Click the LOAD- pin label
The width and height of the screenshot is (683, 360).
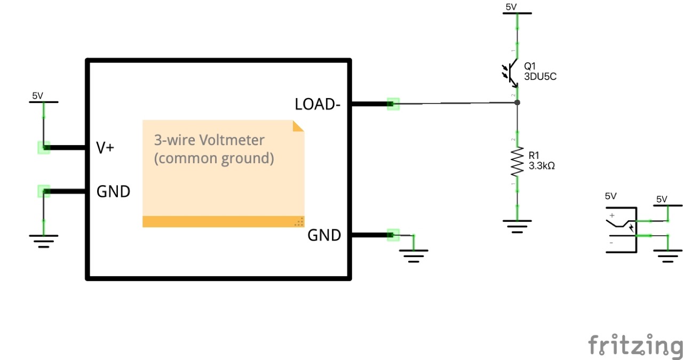pyautogui.click(x=317, y=105)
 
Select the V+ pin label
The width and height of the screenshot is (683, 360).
pyautogui.click(x=105, y=148)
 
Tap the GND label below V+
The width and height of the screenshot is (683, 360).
pyautogui.click(x=113, y=191)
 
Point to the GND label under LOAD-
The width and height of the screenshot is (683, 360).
pyautogui.click(x=324, y=235)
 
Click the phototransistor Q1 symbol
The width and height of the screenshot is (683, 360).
pyautogui.click(x=511, y=74)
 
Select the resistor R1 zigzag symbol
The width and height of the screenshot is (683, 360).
pyautogui.click(x=517, y=162)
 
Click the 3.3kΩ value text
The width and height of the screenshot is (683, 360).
pyautogui.click(x=542, y=166)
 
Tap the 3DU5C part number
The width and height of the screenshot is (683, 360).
pyautogui.click(x=541, y=76)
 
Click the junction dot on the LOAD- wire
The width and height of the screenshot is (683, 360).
pyautogui.click(x=517, y=102)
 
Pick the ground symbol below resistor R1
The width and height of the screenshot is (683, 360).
pyautogui.click(x=517, y=226)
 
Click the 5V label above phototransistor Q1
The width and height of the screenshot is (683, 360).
pyautogui.click(x=511, y=7)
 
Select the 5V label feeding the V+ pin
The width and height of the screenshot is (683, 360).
pyautogui.click(x=37, y=96)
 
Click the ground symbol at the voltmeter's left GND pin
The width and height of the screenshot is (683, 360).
pyautogui.click(x=44, y=241)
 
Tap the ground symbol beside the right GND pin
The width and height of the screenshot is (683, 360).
pyautogui.click(x=414, y=257)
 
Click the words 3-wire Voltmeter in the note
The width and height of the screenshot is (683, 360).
pyautogui.click(x=209, y=140)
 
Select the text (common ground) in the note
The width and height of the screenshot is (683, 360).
pyautogui.click(x=213, y=158)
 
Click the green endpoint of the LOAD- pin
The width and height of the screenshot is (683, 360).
pyautogui.click(x=393, y=104)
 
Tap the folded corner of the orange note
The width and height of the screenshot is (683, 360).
pyautogui.click(x=298, y=126)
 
